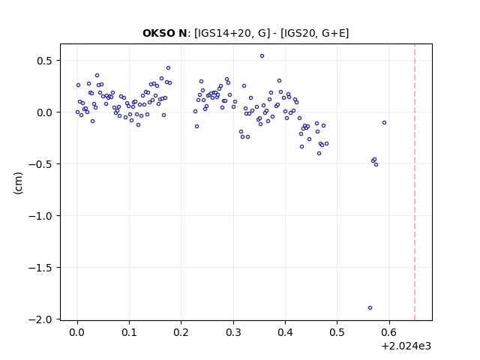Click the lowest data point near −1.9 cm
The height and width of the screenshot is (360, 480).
(x=370, y=307)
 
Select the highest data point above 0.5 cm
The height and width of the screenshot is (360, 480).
(x=262, y=55)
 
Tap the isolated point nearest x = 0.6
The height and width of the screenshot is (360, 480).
(x=384, y=122)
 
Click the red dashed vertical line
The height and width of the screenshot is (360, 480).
(x=415, y=182)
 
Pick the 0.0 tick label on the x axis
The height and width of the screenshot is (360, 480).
(x=77, y=332)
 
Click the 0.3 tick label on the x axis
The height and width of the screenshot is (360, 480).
(x=233, y=332)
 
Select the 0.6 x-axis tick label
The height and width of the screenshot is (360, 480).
(x=389, y=332)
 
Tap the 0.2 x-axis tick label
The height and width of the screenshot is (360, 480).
(x=181, y=332)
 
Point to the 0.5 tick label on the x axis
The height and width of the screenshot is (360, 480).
(x=337, y=332)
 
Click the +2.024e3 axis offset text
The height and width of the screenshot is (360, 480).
(x=406, y=346)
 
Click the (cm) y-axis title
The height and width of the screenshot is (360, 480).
(x=18, y=183)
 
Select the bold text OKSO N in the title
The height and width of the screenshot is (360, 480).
(x=165, y=33)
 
